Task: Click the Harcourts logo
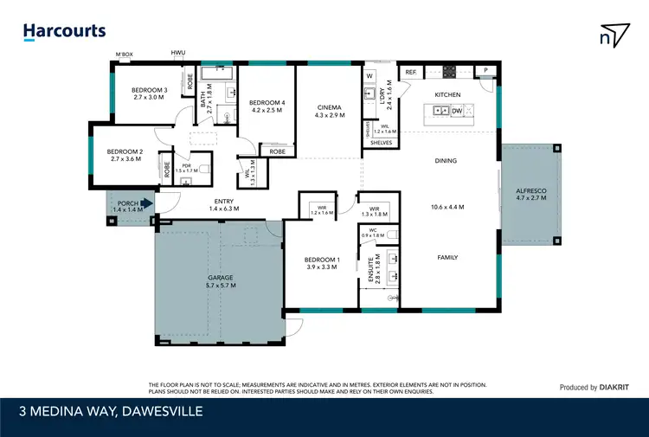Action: click(x=64, y=32)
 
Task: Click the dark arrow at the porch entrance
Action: click(x=147, y=205)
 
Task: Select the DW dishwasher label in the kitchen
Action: click(x=457, y=111)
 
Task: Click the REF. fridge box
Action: click(x=410, y=72)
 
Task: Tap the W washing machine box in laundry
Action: click(x=369, y=74)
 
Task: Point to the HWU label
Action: click(x=178, y=53)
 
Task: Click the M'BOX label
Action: click(x=124, y=55)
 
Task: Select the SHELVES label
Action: click(x=381, y=143)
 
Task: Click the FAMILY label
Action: click(x=447, y=257)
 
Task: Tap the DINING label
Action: click(x=447, y=161)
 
